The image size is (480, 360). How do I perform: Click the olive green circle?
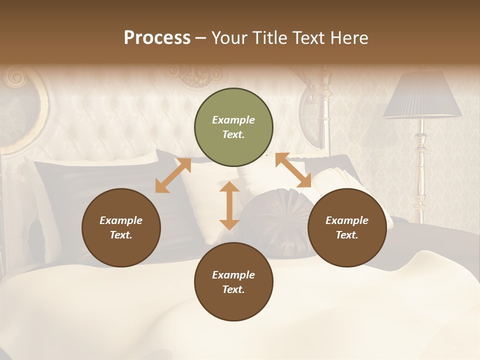coord(233,127)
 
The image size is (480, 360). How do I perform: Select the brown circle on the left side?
coord(121,227)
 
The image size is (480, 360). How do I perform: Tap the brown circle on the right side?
coord(347,227)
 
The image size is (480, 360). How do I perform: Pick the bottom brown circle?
coord(233,282)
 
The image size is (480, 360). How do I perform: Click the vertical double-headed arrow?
coord(229,205)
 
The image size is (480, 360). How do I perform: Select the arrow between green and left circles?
coord(173,175)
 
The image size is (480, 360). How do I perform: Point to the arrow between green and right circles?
coord(293,170)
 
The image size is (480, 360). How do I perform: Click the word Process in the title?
coord(157,38)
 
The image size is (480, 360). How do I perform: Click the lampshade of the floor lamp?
coord(422,95)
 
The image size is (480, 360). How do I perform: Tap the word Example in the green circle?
coord(233,120)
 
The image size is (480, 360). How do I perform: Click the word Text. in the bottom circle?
coord(233,289)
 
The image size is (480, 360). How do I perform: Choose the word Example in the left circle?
coord(121,220)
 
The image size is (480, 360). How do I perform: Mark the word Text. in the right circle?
coord(347,235)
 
